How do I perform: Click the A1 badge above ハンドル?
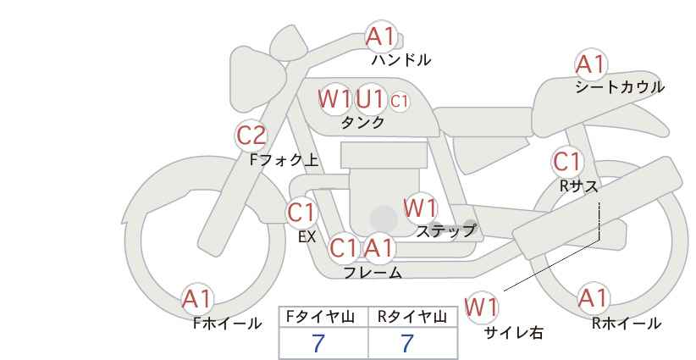point(380,36)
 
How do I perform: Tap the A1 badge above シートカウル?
point(590,64)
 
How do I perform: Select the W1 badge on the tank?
point(334,99)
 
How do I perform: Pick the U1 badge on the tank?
point(370,99)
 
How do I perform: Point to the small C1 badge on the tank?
point(400,101)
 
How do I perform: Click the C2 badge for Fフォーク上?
point(251,135)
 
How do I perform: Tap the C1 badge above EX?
point(301,212)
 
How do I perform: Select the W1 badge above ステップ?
point(420,208)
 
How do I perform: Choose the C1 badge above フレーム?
point(344,248)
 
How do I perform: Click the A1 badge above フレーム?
point(378,248)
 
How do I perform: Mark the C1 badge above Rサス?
point(566,162)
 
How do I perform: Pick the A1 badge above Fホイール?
point(198,299)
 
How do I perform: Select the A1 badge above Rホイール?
point(592,298)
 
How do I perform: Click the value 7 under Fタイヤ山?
point(318,344)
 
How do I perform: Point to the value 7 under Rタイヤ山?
point(406,344)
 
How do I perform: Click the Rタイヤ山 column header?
point(412,318)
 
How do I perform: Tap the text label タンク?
point(362,122)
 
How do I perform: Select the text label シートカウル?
point(619,87)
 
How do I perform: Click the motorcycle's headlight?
point(256,64)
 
